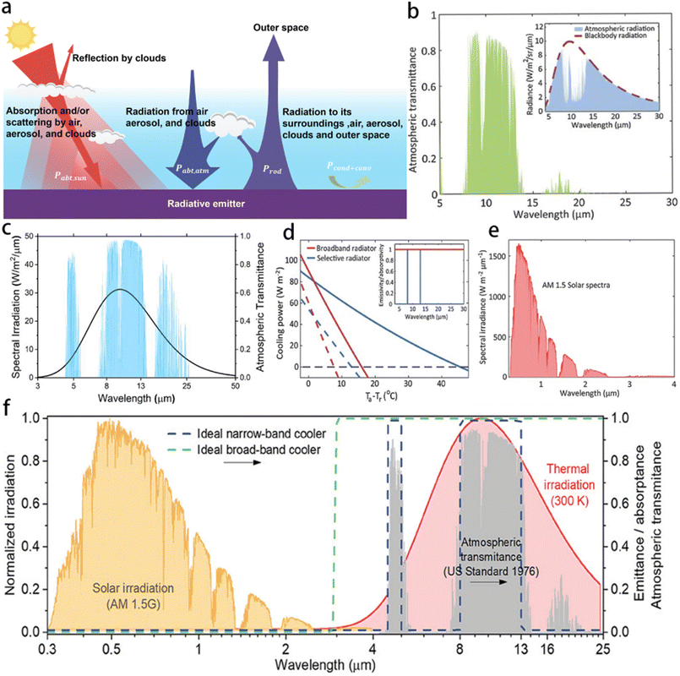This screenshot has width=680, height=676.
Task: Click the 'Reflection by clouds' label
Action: [x=119, y=58]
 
